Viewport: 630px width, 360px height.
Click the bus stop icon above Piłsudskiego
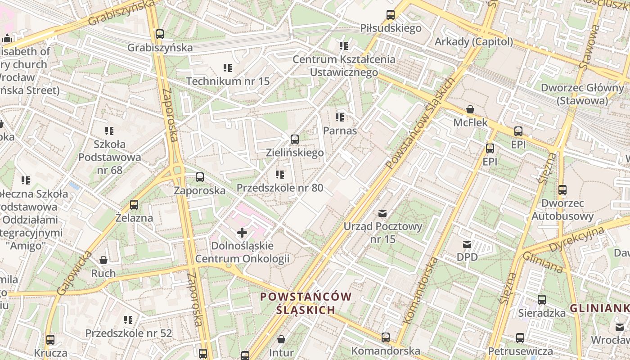tap(391, 15)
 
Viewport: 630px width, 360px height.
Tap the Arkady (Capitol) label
tap(473, 42)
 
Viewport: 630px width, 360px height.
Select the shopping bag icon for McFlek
tap(470, 109)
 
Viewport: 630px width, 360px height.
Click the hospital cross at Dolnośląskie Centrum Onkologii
tap(242, 233)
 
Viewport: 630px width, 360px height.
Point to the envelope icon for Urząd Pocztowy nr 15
tap(382, 213)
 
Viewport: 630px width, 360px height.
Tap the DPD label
tap(467, 257)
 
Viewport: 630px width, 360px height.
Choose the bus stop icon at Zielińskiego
tap(295, 139)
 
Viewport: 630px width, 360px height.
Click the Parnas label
tap(340, 131)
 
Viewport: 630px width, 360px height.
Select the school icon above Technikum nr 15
tap(228, 68)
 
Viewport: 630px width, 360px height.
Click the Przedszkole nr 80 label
tap(280, 188)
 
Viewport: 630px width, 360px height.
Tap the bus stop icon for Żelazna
tap(134, 205)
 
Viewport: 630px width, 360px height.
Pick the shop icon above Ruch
tap(103, 260)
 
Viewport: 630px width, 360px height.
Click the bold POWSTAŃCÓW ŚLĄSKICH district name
tap(306, 303)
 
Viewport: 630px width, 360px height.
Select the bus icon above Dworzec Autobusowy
tap(562, 190)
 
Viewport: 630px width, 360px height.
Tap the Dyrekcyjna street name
tap(576, 239)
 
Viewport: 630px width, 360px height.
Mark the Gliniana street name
tap(542, 262)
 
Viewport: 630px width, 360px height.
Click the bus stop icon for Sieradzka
tap(542, 300)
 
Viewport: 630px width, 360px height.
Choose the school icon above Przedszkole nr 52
tap(128, 320)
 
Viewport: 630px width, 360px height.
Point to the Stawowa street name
tap(590, 47)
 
